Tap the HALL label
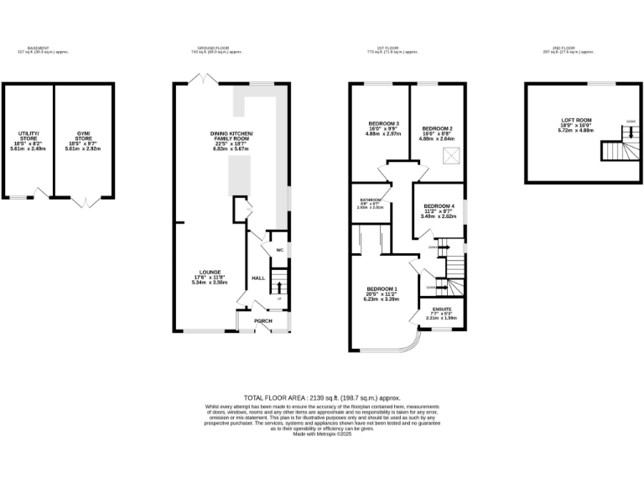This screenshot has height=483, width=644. pos(258,278)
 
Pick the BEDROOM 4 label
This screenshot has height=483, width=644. pos(439,206)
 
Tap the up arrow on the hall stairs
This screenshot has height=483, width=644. pos(278,288)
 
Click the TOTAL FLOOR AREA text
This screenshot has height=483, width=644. pos(322,397)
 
